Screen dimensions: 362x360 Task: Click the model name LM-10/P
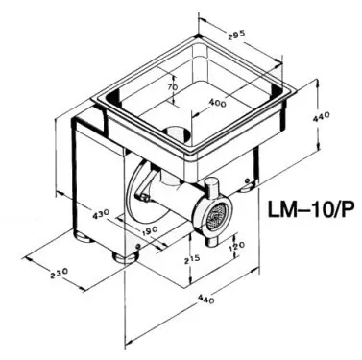pos(311,210)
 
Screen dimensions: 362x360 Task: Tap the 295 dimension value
pos(236,35)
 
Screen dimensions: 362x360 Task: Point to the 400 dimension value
pos(217,103)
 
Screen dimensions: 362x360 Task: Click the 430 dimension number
pos(101,214)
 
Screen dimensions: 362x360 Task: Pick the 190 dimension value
pos(148,229)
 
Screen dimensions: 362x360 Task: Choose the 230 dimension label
pos(60,273)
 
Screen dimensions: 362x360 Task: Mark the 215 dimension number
pos(192,258)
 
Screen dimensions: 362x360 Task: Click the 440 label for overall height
pos(321,117)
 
